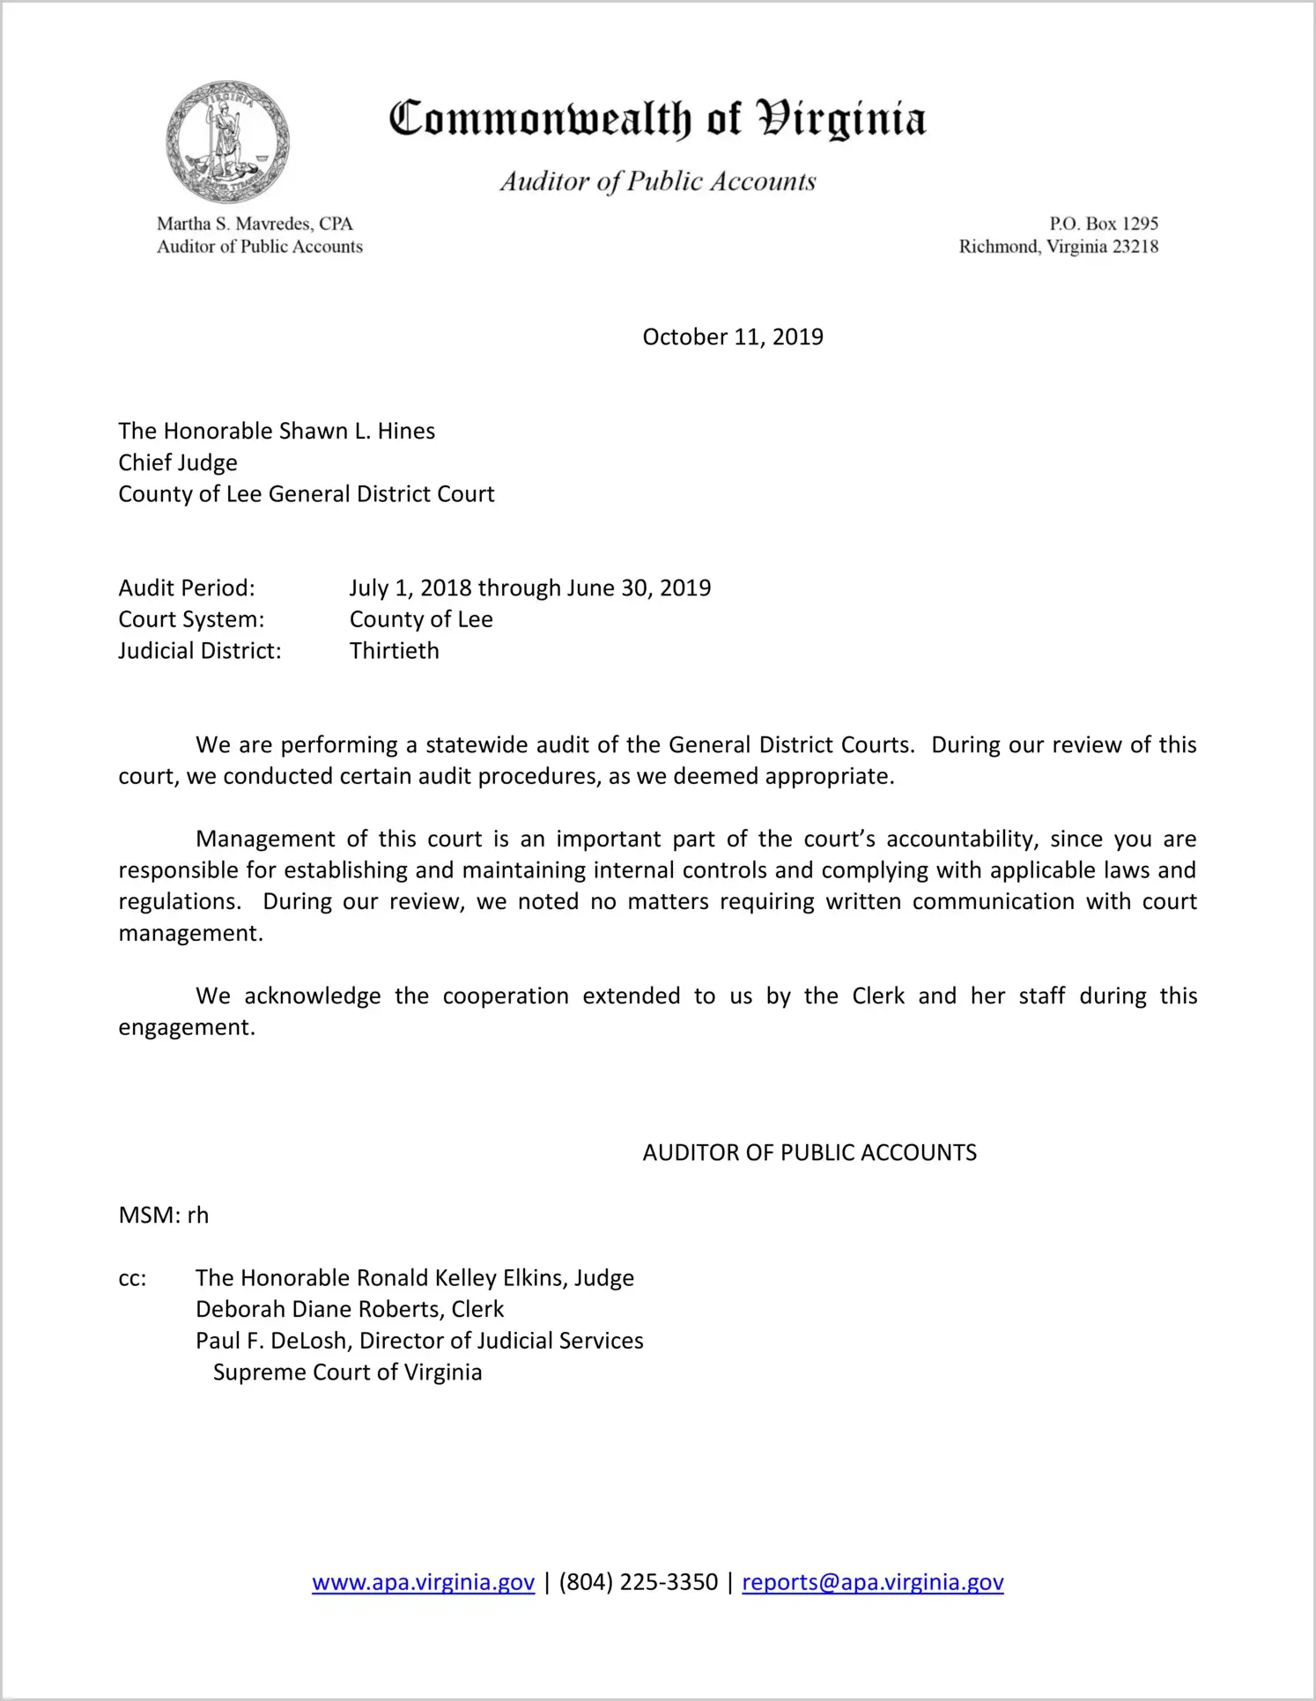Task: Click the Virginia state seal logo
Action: pos(227,142)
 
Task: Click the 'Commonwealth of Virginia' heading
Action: pos(657,119)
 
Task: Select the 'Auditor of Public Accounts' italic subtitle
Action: pos(657,181)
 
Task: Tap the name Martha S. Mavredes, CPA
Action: pos(255,224)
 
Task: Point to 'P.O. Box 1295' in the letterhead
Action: pos(1103,224)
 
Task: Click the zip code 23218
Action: pos(1135,247)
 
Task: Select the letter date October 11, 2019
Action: pos(732,337)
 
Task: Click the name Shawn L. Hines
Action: pos(357,431)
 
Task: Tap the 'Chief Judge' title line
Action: pos(178,462)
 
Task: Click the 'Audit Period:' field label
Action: pos(187,588)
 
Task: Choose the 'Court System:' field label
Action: pos(191,619)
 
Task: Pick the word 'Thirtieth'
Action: pos(394,651)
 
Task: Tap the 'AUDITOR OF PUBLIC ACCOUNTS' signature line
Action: pos(810,1153)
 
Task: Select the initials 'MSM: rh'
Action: pos(164,1216)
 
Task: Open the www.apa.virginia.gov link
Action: pos(423,1582)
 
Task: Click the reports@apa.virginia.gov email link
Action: pos(872,1582)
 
